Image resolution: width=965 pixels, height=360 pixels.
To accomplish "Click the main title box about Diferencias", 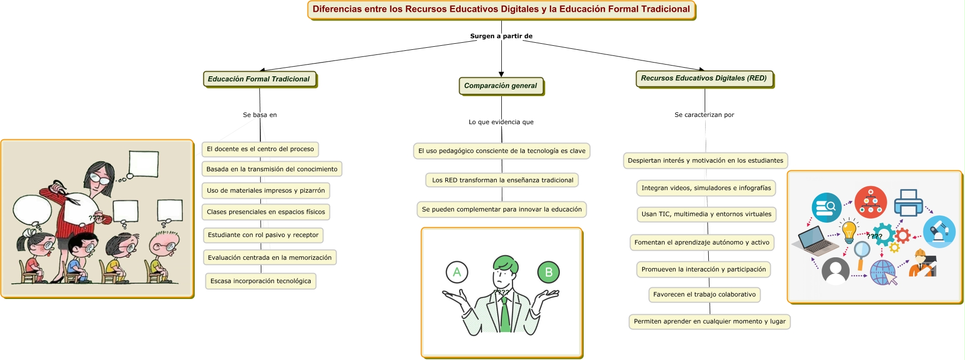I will tap(501, 10).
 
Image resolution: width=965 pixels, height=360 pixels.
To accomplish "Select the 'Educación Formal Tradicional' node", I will tap(259, 79).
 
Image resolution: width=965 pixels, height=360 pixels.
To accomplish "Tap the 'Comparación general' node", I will tap(500, 86).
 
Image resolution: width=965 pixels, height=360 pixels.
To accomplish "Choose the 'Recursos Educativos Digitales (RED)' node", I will tap(704, 78).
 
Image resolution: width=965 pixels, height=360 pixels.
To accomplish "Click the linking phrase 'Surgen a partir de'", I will tap(501, 36).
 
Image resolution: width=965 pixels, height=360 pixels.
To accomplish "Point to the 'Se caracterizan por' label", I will tap(704, 115).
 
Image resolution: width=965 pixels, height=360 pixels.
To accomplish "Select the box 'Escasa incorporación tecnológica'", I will tap(260, 281).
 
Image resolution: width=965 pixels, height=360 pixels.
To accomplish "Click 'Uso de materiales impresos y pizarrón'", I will tap(265, 191).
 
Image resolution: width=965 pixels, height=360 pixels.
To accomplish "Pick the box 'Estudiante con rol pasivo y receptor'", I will tap(263, 235).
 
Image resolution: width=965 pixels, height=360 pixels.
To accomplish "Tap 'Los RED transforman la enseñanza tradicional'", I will tap(502, 180).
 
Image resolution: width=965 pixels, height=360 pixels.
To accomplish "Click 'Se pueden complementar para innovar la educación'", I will tap(501, 209).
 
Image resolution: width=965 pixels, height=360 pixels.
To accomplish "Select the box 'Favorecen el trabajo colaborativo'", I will tap(704, 294).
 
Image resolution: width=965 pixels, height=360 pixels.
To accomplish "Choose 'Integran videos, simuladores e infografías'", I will tap(706, 188).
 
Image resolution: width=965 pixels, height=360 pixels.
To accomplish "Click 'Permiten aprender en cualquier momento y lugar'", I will tap(709, 321).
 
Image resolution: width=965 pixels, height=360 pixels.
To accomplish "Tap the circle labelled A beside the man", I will tap(457, 273).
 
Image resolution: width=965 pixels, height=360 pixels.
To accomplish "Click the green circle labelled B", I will tap(549, 273).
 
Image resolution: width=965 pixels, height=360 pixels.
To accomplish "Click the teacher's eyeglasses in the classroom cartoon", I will tap(100, 179).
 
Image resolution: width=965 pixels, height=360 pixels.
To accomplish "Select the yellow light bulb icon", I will tap(849, 231).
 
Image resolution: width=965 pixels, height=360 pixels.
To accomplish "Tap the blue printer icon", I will tap(908, 202).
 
